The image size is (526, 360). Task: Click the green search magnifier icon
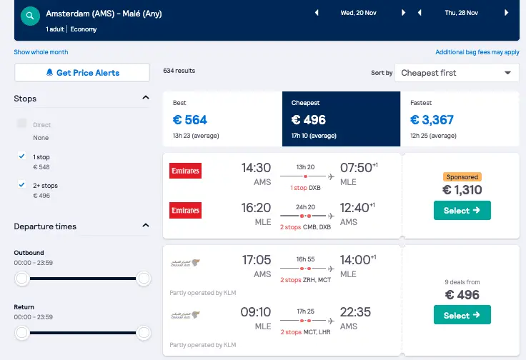pyautogui.click(x=30, y=16)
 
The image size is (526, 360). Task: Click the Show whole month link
pyautogui.click(x=41, y=52)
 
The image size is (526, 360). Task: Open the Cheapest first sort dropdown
pyautogui.click(x=457, y=73)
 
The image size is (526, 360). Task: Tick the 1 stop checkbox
pyautogui.click(x=22, y=156)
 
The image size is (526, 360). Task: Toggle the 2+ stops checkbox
pyautogui.click(x=22, y=185)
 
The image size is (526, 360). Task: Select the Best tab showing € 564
pyautogui.click(x=222, y=119)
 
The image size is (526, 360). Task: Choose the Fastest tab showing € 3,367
pyautogui.click(x=460, y=119)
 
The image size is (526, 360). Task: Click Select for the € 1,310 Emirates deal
pyautogui.click(x=462, y=210)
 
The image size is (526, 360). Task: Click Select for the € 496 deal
pyautogui.click(x=462, y=315)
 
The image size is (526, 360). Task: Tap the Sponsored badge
pyautogui.click(x=462, y=176)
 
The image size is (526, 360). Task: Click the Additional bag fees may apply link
pyautogui.click(x=477, y=52)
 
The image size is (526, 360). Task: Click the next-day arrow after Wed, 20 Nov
pyautogui.click(x=404, y=13)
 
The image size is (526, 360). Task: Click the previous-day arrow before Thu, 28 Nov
pyautogui.click(x=420, y=13)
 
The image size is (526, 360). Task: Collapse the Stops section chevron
pyautogui.click(x=146, y=98)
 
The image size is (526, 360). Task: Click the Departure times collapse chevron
pyautogui.click(x=146, y=225)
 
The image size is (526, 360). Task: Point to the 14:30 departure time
pyautogui.click(x=256, y=168)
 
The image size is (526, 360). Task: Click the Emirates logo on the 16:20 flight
pyautogui.click(x=185, y=210)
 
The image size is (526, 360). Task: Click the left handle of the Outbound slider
pyautogui.click(x=22, y=278)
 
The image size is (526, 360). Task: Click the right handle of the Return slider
pyautogui.click(x=144, y=333)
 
